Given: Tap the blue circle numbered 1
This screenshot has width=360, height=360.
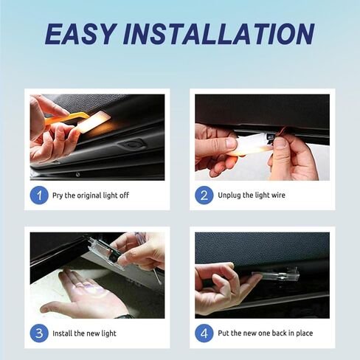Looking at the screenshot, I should pyautogui.click(x=39, y=195).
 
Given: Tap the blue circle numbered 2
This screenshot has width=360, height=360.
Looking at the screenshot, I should pyautogui.click(x=204, y=195).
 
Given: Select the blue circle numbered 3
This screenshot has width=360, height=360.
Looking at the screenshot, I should pyautogui.click(x=39, y=333).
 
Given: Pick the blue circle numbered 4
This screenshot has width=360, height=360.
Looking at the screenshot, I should pyautogui.click(x=204, y=333).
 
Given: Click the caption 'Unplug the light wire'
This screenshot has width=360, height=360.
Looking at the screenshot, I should pyautogui.click(x=251, y=195).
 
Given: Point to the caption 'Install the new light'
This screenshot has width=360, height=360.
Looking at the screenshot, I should pyautogui.click(x=85, y=333).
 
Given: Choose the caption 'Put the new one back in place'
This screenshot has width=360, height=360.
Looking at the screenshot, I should pyautogui.click(x=266, y=333).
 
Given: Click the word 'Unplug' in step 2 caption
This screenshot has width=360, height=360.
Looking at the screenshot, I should pyautogui.click(x=229, y=195).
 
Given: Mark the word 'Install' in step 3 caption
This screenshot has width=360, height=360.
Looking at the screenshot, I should pyautogui.click(x=64, y=333).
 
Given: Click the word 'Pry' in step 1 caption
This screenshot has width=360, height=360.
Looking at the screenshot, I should pyautogui.click(x=58, y=195).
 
